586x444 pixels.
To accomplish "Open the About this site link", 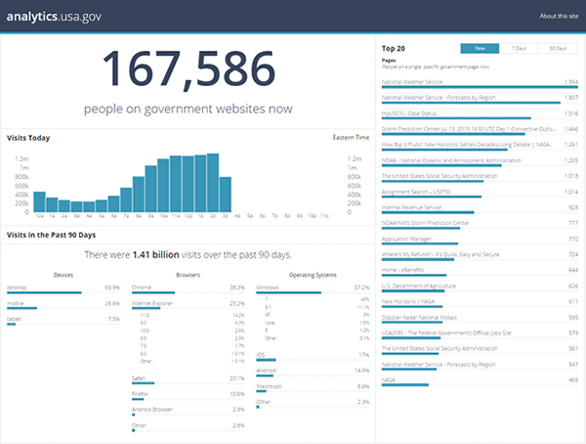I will [557, 17].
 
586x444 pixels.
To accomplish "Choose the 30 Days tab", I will [557, 47].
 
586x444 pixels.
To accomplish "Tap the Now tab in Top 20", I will [479, 47].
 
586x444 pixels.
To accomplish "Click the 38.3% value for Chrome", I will [236, 288].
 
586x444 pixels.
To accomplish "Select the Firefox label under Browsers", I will [141, 394].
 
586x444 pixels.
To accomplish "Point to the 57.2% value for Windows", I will [361, 288].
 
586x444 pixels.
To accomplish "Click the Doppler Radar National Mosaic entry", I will [419, 317].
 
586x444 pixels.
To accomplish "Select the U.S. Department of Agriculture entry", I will [417, 286].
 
